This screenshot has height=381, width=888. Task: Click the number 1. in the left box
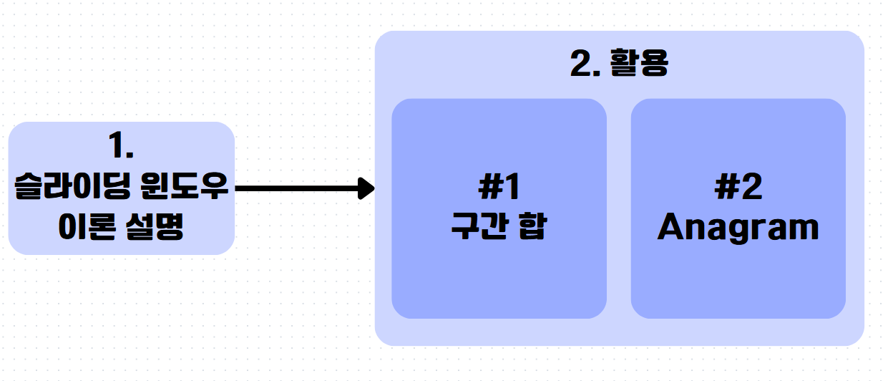pos(121,146)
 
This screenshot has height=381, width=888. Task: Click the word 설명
pos(156,229)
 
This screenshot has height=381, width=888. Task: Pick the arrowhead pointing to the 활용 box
pos(367,188)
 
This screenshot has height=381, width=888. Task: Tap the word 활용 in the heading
pos(638,65)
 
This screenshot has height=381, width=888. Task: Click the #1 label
pos(499,188)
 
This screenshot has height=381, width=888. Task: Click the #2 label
pos(738,188)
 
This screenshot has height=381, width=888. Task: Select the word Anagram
pos(738,228)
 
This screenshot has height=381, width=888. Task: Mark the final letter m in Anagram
pos(802,229)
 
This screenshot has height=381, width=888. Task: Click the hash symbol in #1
pos(490,188)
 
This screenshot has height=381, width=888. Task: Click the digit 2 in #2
pos(751,188)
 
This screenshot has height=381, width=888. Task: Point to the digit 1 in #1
pos(511,188)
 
